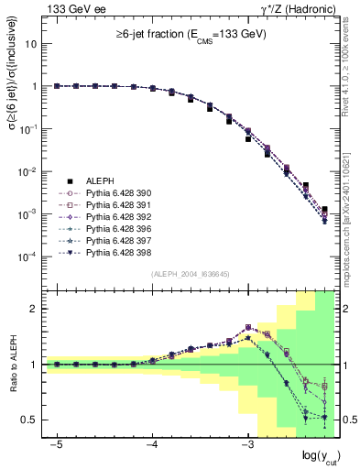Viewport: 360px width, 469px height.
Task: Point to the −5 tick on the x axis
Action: (x=57, y=443)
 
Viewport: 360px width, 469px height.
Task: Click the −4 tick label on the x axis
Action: (x=152, y=443)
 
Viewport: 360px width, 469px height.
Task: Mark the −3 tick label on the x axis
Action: (x=247, y=443)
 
